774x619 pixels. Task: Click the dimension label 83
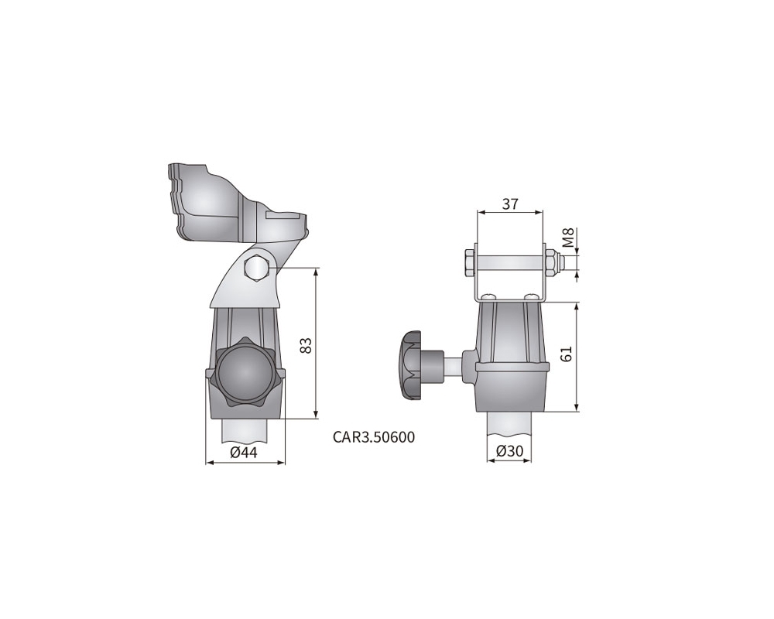point(306,345)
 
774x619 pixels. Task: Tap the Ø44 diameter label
point(244,452)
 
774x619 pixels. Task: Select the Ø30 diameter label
point(509,450)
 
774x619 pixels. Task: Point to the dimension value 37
point(510,203)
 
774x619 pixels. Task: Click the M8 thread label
point(569,238)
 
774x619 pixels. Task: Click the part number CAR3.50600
point(374,437)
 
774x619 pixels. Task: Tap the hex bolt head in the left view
point(257,268)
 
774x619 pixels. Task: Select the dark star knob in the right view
point(411,365)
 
